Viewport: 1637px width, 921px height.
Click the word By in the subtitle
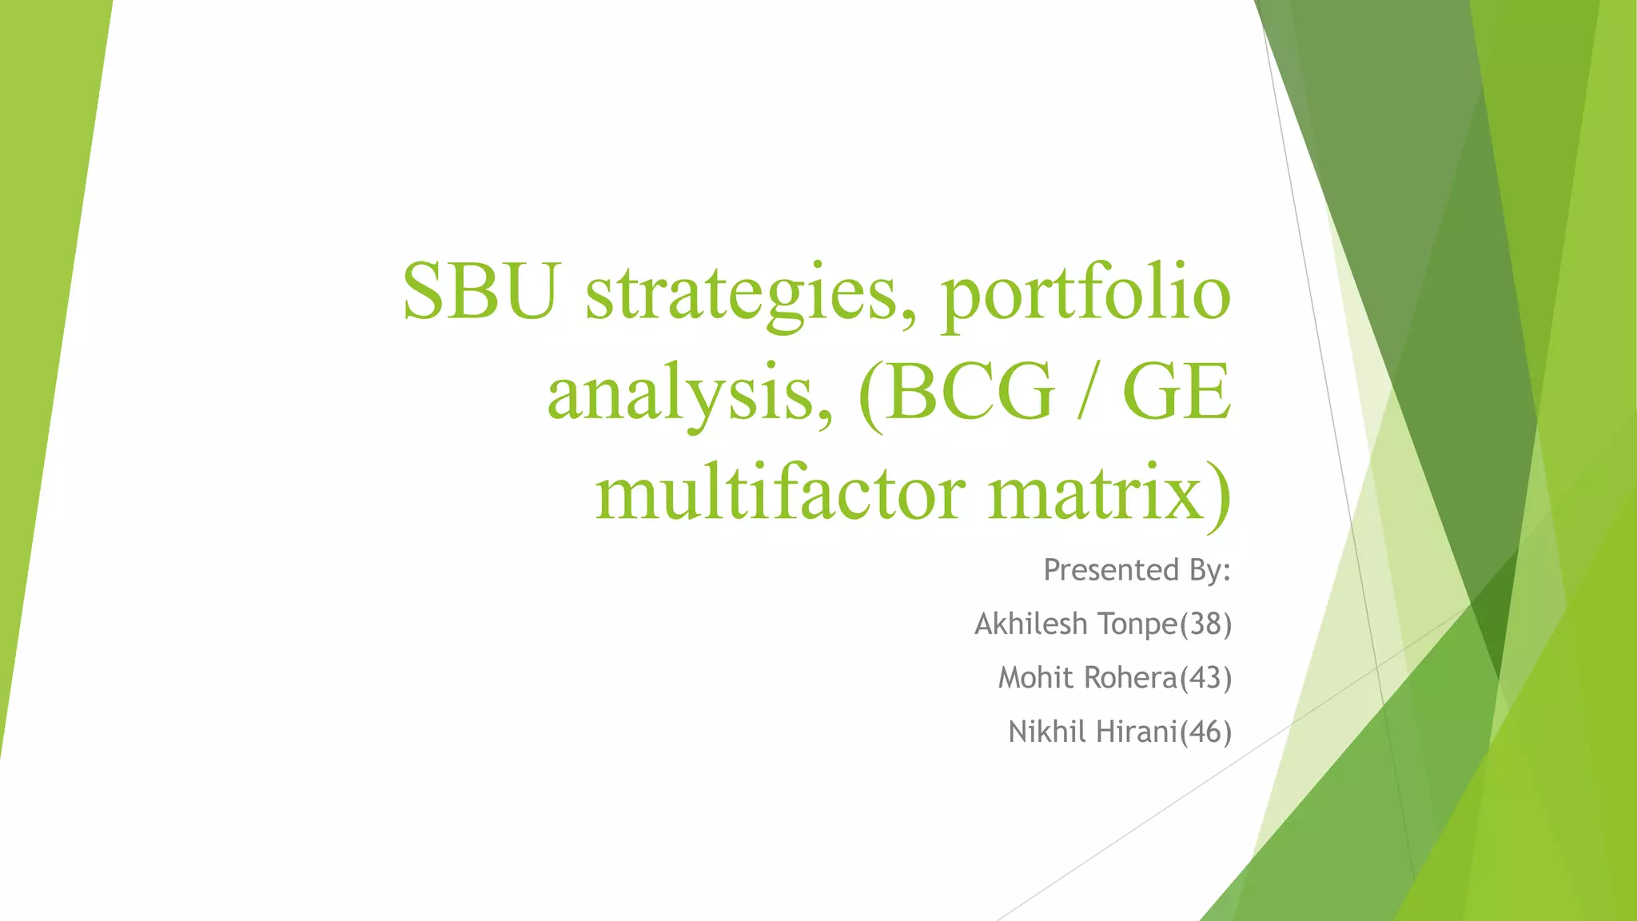pyautogui.click(x=1206, y=571)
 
